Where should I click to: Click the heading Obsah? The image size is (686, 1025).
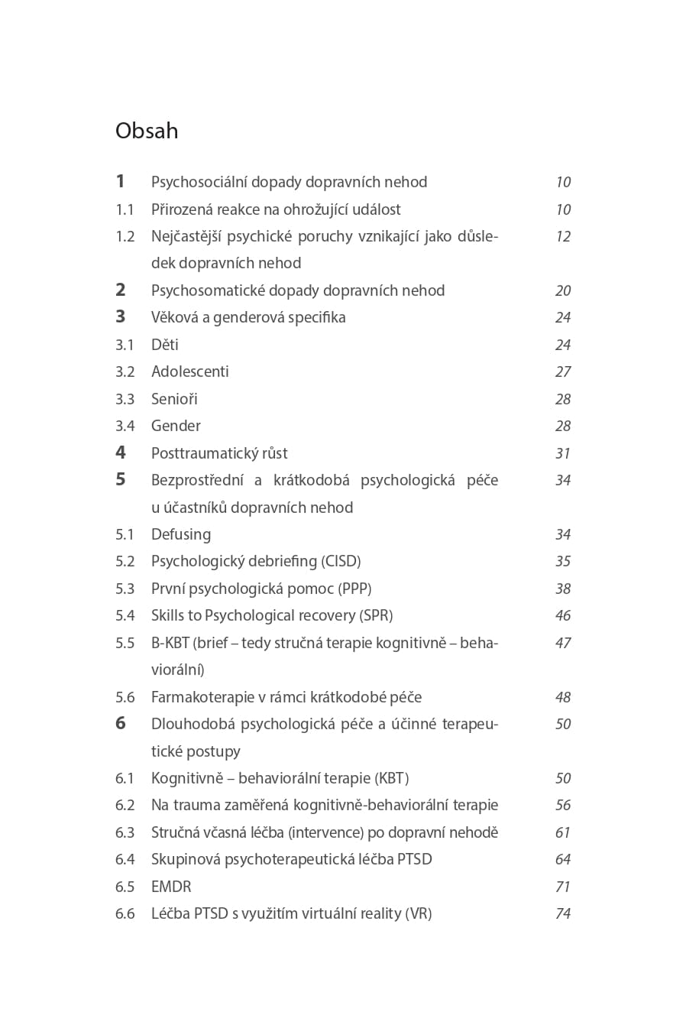pos(147,131)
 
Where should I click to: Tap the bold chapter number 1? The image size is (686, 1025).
pos(120,181)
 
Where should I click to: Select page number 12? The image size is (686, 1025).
pos(563,236)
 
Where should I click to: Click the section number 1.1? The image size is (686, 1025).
pos(125,209)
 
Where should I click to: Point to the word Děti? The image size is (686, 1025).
pos(165,345)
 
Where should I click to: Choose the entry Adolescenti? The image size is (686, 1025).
pos(190,371)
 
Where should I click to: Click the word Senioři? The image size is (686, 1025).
pos(174,399)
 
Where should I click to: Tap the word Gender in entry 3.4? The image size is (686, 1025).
pos(176,426)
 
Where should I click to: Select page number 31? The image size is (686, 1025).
pos(563,453)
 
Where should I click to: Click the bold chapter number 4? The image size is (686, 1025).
pos(120,452)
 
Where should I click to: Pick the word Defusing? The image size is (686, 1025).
pos(181,534)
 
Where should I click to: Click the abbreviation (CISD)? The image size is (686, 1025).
pos(341,561)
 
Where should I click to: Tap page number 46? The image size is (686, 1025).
pos(563,615)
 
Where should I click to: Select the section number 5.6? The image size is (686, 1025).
pos(125,697)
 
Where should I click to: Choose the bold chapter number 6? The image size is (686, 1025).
pos(120,723)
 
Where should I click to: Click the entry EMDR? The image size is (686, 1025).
pos(171,887)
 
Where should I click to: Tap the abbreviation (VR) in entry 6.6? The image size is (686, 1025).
pos(419,913)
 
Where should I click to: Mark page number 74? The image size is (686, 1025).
pos(563,913)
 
